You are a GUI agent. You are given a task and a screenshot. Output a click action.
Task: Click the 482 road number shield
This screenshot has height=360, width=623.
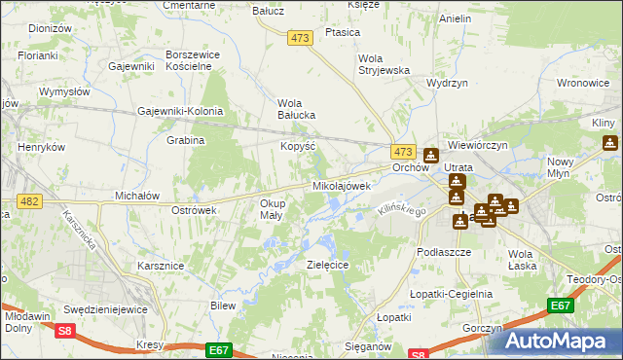28,200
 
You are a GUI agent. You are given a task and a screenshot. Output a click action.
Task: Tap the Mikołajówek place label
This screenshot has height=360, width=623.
342,185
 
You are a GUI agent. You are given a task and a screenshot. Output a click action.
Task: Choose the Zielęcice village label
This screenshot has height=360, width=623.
328,264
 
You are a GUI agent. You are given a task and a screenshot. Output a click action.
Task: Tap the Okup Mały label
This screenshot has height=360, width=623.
273,209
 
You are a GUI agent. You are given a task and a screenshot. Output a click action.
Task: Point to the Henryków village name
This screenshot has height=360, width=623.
41,146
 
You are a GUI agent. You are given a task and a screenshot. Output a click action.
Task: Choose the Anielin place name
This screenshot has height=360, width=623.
456,18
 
